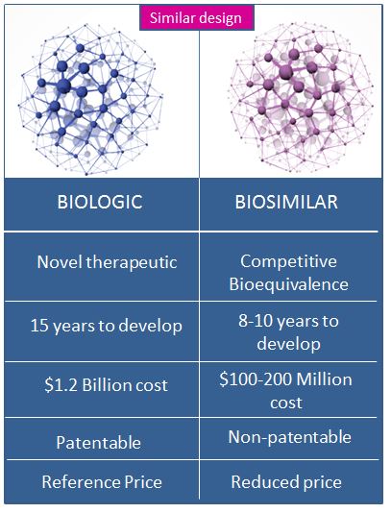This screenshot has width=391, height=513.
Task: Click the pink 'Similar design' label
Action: tap(197, 18)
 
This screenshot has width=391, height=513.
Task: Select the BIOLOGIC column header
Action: tap(100, 202)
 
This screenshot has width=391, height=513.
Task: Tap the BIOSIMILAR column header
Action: tap(286, 202)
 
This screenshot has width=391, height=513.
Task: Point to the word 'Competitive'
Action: tap(288, 261)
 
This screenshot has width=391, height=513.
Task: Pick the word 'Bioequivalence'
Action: tap(288, 284)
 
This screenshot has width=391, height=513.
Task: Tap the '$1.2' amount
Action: tap(61, 384)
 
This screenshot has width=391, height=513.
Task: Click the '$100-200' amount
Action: tap(256, 379)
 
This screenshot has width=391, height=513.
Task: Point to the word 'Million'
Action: tap(325, 379)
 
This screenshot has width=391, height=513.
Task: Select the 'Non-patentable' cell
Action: tap(290, 437)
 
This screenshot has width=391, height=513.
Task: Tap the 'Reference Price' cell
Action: tap(102, 482)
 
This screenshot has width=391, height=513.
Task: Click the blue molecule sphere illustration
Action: tap(90, 99)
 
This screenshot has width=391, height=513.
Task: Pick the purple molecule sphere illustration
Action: tap(302, 97)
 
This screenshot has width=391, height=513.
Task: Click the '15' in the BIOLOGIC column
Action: tap(39, 326)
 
